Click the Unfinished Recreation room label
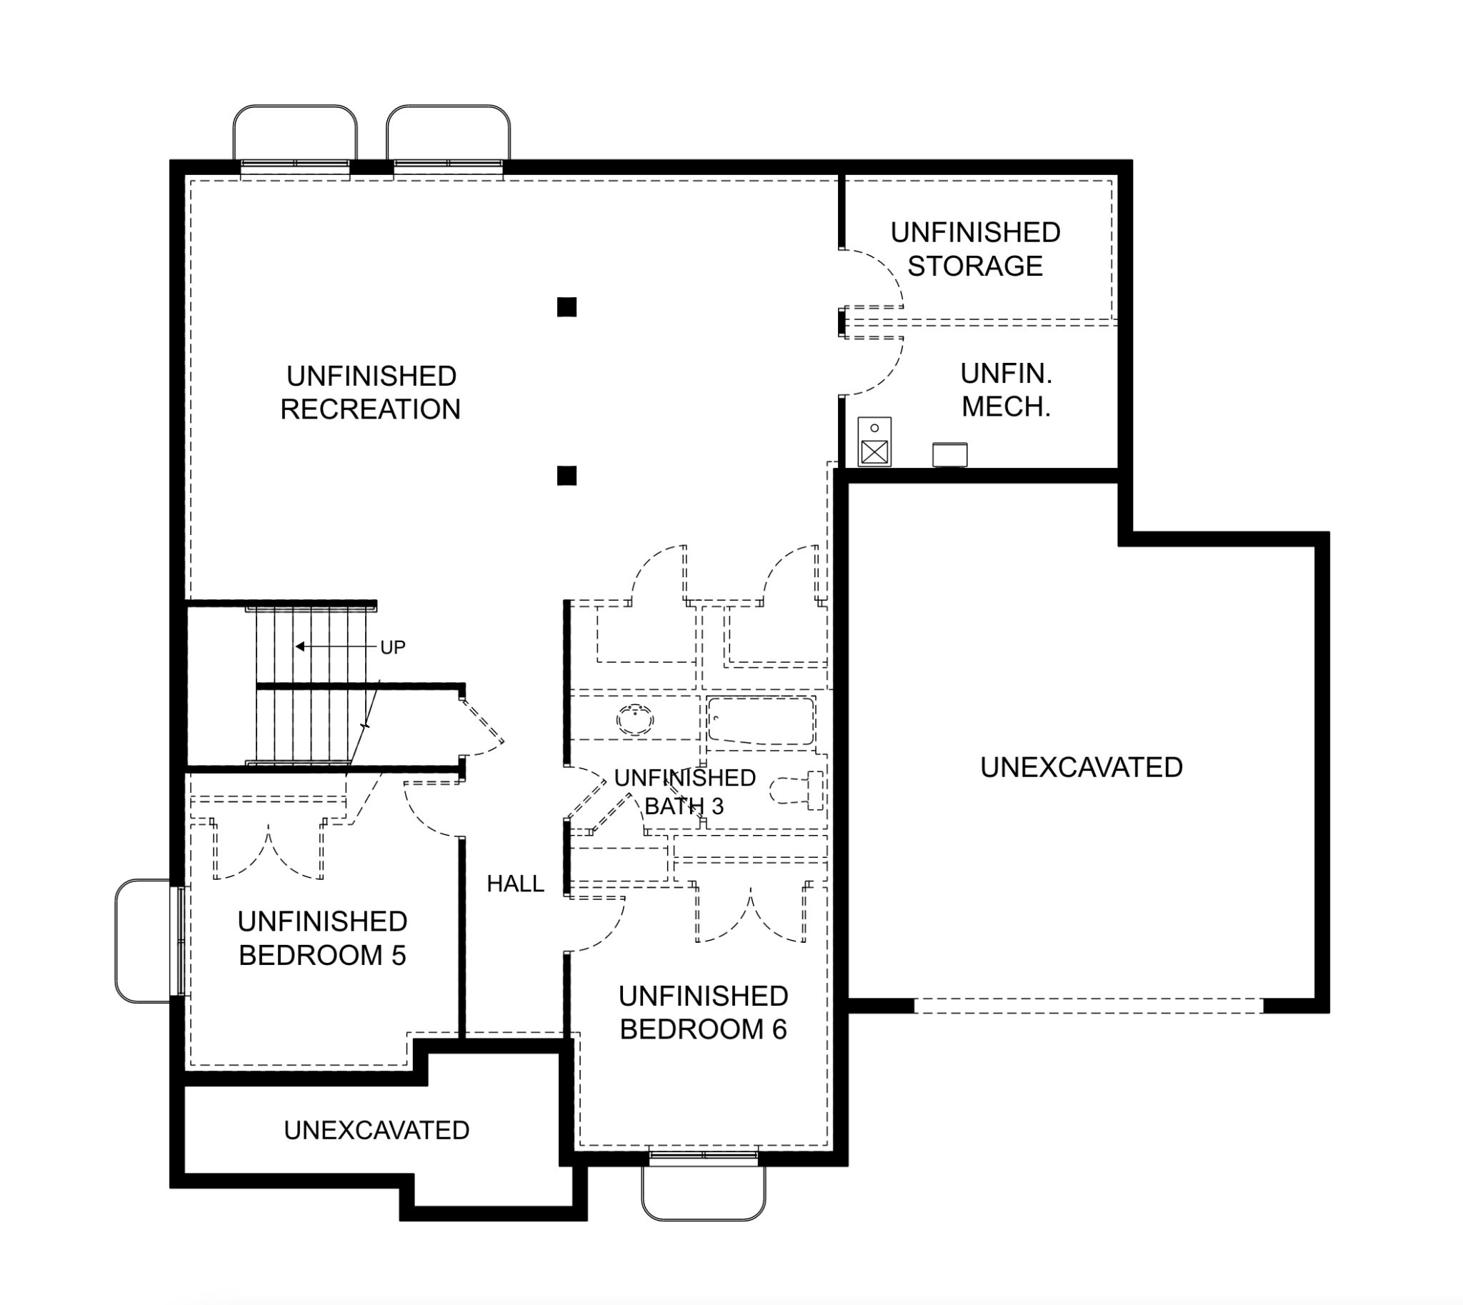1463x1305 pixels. coord(371,392)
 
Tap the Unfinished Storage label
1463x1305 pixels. coord(975,249)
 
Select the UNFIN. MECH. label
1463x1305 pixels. coord(1007,390)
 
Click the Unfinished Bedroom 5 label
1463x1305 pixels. coord(323,938)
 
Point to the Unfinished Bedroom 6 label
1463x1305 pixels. coord(704,1012)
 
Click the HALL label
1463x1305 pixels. coord(516,884)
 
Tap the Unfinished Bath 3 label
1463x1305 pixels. coord(685,791)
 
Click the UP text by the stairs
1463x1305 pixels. coord(393,647)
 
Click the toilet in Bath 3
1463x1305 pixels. coord(797,791)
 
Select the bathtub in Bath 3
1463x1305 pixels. coord(761,721)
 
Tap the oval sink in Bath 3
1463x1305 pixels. coord(634,719)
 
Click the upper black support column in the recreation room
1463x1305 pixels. coord(566,307)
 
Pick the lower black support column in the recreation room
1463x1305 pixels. coord(566,476)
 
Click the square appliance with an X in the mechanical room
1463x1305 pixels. coord(874,452)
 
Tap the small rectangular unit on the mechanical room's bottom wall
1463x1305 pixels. coord(949,454)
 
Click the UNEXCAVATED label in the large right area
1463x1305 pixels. coord(1082,767)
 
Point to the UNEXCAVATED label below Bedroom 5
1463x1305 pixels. coord(376,1130)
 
